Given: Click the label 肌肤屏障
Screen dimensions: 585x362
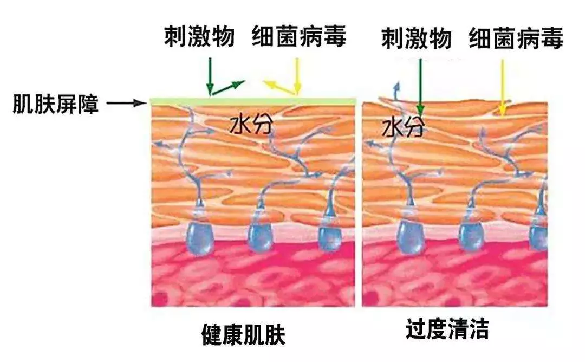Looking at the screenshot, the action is pos(56,104).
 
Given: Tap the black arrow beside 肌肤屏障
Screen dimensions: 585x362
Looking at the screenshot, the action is pos(126,102).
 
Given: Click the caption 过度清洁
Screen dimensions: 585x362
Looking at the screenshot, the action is pos(447,328).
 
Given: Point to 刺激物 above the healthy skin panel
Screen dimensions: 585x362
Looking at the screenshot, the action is pos(199,36).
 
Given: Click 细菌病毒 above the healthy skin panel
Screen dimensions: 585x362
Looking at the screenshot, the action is pos(299,36).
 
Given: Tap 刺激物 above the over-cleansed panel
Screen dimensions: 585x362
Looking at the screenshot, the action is pos(417,38).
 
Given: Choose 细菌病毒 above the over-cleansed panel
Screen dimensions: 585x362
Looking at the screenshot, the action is pos(516,38).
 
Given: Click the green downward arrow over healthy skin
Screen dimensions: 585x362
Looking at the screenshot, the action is pos(210,76).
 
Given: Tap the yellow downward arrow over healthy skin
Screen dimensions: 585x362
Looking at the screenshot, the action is pos(297,76).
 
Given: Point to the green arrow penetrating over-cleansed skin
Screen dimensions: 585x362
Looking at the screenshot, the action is pos(420,87).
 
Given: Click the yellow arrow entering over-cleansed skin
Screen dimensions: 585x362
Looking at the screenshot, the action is pos(503,88).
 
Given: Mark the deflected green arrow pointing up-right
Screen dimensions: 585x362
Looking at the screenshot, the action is pos(227,87).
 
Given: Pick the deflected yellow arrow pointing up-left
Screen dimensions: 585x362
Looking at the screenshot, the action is pos(280,87).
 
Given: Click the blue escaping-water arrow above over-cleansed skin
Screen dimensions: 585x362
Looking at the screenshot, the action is pos(395,91).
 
